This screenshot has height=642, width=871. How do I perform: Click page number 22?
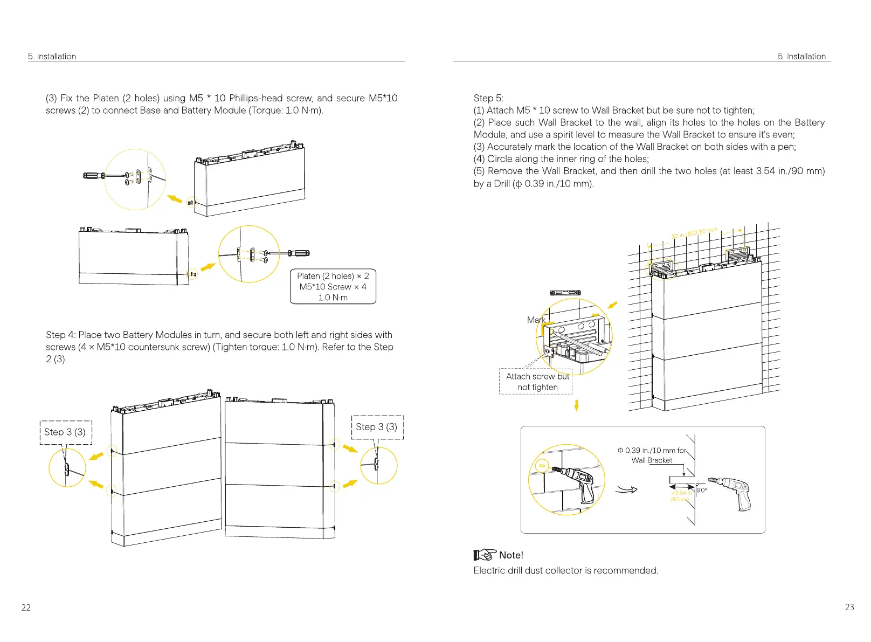point(26,608)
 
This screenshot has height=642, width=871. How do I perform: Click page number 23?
point(849,607)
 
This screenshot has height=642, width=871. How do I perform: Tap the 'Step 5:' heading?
point(488,98)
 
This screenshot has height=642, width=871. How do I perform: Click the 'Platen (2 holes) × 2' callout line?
point(333,276)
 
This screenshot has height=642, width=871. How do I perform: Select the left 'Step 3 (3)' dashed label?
point(65,432)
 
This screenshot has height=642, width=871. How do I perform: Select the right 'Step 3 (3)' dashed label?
point(377,427)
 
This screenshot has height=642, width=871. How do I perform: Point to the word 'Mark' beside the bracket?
point(536,320)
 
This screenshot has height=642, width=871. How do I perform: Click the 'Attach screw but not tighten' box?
point(537,382)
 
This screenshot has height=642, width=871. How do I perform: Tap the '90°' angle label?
point(701,491)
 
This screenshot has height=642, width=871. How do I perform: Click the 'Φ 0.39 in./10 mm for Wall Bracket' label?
point(652,455)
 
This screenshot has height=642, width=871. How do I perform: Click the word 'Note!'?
point(511,555)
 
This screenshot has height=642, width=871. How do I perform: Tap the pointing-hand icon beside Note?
point(485,555)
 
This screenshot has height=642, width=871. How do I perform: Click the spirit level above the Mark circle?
point(565,293)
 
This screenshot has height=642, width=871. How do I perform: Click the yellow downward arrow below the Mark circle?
point(577,405)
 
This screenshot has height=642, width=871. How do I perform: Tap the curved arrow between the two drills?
point(626,489)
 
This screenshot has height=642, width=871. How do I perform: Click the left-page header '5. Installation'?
point(52,56)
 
